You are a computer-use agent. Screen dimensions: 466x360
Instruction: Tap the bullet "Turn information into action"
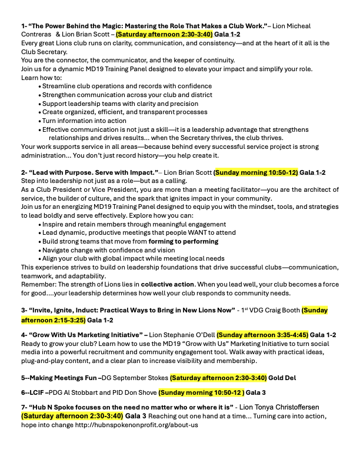pos(84,121)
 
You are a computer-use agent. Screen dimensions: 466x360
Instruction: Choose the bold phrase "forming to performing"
pos(182,241)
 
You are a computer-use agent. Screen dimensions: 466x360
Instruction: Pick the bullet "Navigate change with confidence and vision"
pos(117,250)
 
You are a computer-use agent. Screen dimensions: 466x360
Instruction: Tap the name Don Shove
pos(138,392)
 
